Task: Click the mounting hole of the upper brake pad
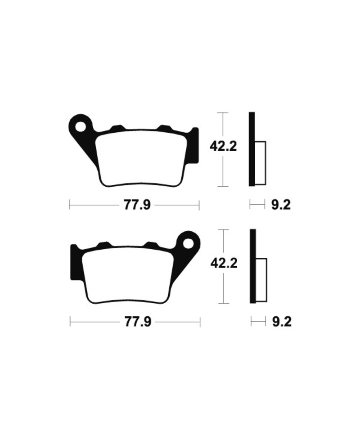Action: click(81, 126)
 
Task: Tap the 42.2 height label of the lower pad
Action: click(224, 263)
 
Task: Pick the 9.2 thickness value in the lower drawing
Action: click(282, 322)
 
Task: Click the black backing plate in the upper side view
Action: click(252, 148)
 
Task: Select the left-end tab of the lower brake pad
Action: click(74, 260)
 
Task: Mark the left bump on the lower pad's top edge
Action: click(104, 245)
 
